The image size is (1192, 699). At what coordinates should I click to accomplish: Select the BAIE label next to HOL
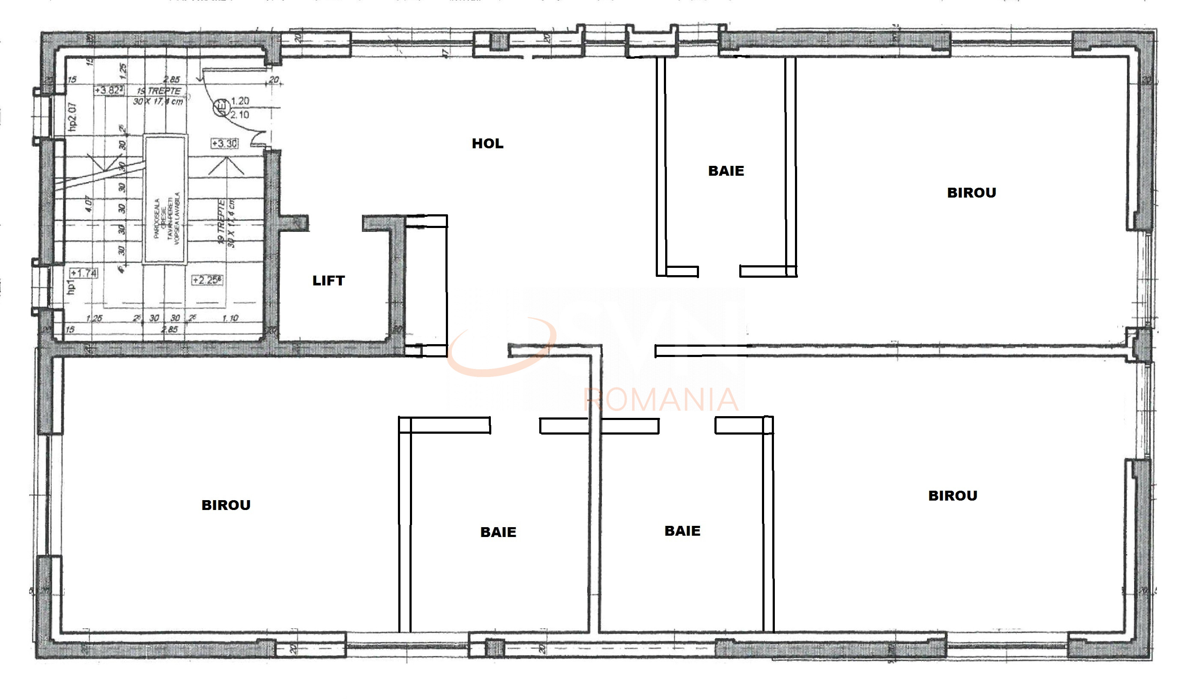tap(726, 171)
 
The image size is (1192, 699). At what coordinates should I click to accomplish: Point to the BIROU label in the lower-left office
tap(226, 505)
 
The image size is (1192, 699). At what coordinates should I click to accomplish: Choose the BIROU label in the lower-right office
tap(952, 495)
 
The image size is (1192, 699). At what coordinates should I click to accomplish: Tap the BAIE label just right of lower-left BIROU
tap(498, 532)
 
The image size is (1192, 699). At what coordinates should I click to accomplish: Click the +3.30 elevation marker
tap(224, 144)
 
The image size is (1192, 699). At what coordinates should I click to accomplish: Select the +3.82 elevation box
tap(109, 90)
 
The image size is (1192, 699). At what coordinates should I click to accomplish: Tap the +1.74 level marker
tap(84, 273)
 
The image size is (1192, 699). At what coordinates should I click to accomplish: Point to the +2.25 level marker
tap(207, 280)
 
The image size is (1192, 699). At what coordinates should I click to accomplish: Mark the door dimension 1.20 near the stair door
tap(240, 101)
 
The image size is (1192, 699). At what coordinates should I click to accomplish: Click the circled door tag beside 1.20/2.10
tap(221, 108)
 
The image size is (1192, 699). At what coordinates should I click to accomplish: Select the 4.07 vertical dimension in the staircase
tap(88, 204)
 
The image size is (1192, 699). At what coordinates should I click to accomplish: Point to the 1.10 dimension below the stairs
tap(230, 318)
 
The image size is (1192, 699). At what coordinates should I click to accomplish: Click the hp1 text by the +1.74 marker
tap(71, 286)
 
